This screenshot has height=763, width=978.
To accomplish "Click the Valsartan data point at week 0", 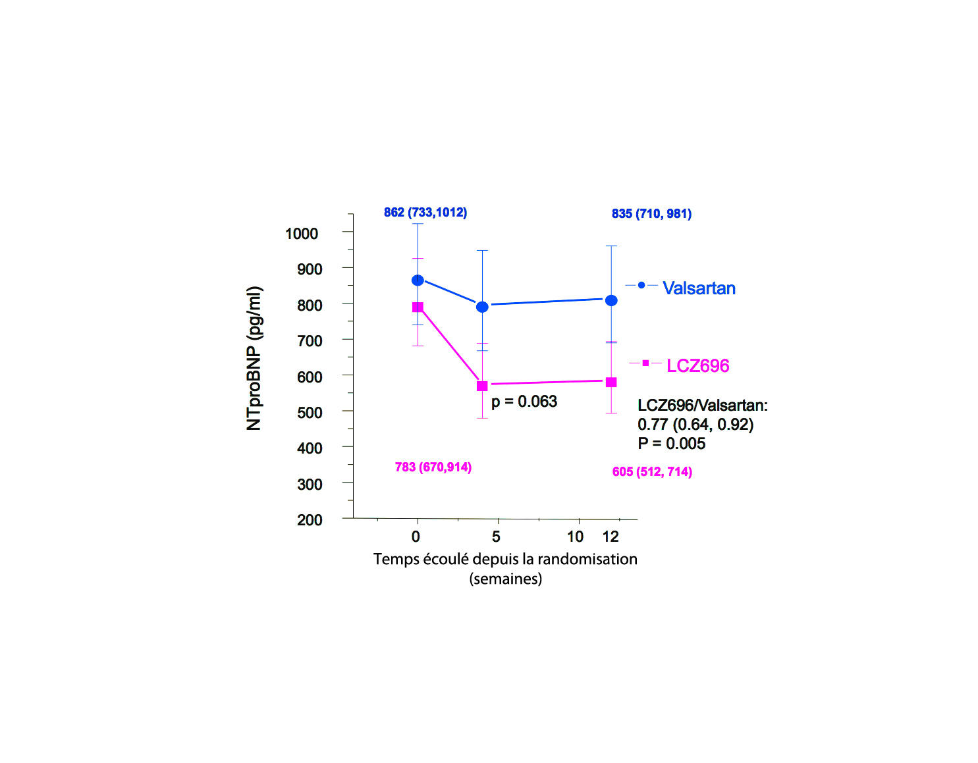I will point(418,280).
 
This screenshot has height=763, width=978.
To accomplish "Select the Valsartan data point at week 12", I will point(611,300).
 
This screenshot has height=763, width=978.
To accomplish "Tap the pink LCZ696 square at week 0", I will point(418,307).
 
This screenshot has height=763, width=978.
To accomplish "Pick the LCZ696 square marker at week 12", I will point(611,382).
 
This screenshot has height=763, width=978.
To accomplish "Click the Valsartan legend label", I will point(699,288).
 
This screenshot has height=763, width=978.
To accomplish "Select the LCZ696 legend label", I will point(697,366).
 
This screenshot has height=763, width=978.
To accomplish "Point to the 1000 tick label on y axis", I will point(302,234).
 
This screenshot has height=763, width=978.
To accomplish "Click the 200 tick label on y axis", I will point(310,520).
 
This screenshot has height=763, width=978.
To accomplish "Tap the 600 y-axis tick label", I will point(310,377).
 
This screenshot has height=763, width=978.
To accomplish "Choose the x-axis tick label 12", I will point(611,537).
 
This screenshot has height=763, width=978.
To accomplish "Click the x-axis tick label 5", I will point(496,537).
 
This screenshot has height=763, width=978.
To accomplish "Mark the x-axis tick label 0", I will point(416,537).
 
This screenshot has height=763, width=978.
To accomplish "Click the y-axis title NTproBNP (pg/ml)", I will point(254,358).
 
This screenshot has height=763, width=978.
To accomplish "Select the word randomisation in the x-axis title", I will point(587,559).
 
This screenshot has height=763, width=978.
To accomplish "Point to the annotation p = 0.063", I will point(524,402).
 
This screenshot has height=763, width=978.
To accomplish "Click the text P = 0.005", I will point(671,444).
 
